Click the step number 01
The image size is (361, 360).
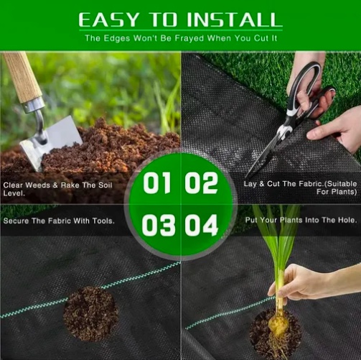pos(157,183)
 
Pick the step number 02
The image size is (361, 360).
pos(201,183)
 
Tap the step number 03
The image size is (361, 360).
pos(158,225)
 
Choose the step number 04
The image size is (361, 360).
pos(202,225)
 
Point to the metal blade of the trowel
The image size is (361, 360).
pos(52,142)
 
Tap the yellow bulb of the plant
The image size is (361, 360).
pos(278,324)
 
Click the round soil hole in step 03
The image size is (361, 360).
pos(90,313)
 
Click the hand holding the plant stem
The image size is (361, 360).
pos(309,282)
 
